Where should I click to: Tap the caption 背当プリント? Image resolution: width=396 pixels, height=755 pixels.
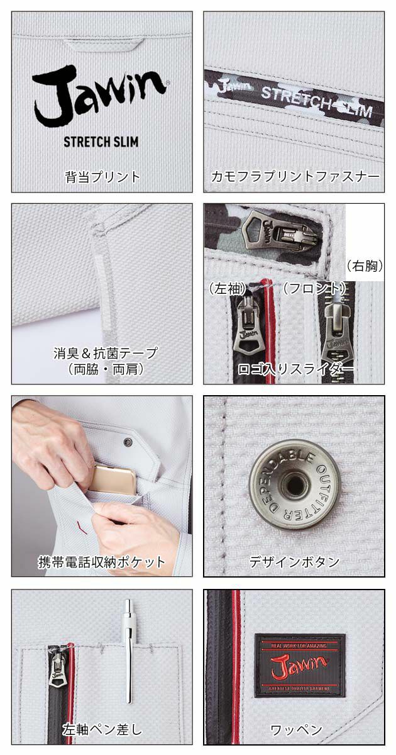[102, 176]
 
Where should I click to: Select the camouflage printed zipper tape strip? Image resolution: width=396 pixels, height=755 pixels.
[294, 93]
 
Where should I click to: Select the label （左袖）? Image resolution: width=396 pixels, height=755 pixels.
[228, 289]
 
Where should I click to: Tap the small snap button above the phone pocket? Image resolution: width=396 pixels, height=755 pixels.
[129, 442]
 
